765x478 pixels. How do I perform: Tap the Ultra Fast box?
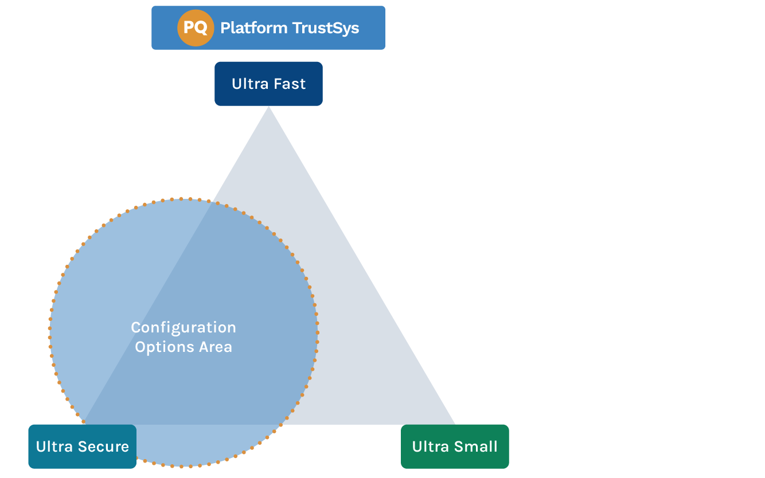pyautogui.click(x=268, y=84)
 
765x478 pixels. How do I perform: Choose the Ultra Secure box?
pyautogui.click(x=82, y=446)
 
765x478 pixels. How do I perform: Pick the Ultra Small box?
pyautogui.click(x=455, y=446)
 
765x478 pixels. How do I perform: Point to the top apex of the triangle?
pyautogui.click(x=268, y=109)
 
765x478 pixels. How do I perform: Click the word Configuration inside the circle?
pyautogui.click(x=184, y=327)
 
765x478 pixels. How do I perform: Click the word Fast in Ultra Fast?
pyautogui.click(x=289, y=84)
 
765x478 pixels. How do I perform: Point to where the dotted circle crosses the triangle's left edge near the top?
pyautogui.click(x=213, y=202)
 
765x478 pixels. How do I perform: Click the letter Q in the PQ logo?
pyautogui.click(x=201, y=28)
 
